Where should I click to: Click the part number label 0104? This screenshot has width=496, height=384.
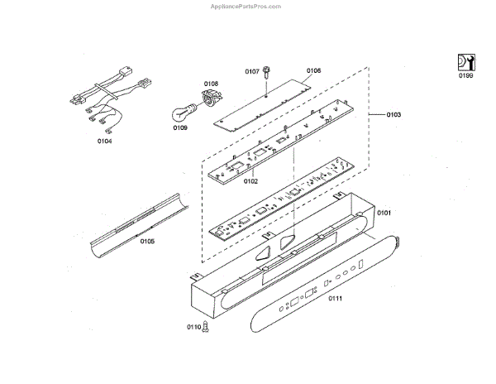pyautogui.click(x=104, y=142)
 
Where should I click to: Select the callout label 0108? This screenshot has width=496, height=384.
pyautogui.click(x=212, y=84)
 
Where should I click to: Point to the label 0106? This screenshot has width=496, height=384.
pyautogui.click(x=314, y=71)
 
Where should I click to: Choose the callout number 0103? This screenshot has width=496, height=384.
pyautogui.click(x=394, y=113)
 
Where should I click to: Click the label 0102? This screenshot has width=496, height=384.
pyautogui.click(x=250, y=180)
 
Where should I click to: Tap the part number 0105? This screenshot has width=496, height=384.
pyautogui.click(x=147, y=242)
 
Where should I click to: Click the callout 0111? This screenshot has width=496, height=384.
pyautogui.click(x=336, y=297)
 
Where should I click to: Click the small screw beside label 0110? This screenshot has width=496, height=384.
pyautogui.click(x=206, y=328)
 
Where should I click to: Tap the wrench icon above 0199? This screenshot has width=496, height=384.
pyautogui.click(x=466, y=60)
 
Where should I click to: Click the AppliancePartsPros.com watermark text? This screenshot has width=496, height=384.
pyautogui.click(x=247, y=5)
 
